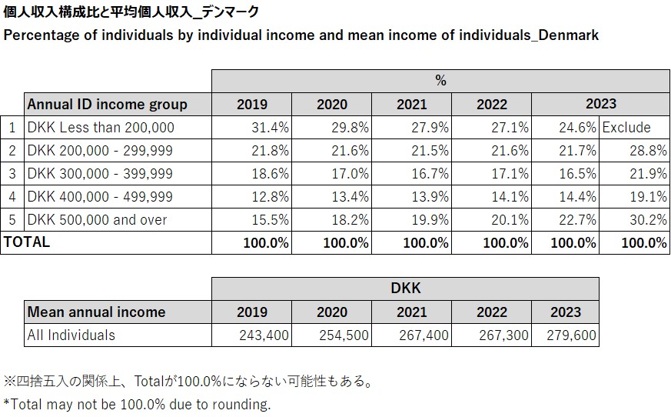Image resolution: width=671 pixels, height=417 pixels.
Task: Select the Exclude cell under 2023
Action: click(626, 128)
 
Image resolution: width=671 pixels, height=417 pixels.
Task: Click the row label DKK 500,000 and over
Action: click(98, 220)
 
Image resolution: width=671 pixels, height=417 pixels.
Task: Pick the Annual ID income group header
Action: click(108, 104)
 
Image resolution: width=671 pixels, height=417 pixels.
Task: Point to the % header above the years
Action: click(440, 81)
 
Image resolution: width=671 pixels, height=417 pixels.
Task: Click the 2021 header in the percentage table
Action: click(412, 105)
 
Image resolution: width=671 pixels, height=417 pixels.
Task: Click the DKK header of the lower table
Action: click(405, 289)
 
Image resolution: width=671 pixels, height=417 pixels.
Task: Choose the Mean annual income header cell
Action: click(97, 312)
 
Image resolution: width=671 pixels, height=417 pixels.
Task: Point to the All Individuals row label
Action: click(71, 335)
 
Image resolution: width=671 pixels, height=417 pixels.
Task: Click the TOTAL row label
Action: click(28, 242)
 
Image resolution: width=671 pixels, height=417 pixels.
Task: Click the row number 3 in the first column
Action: click(12, 174)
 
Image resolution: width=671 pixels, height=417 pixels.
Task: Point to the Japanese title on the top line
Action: click(131, 12)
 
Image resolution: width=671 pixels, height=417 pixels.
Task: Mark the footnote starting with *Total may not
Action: click(138, 404)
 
